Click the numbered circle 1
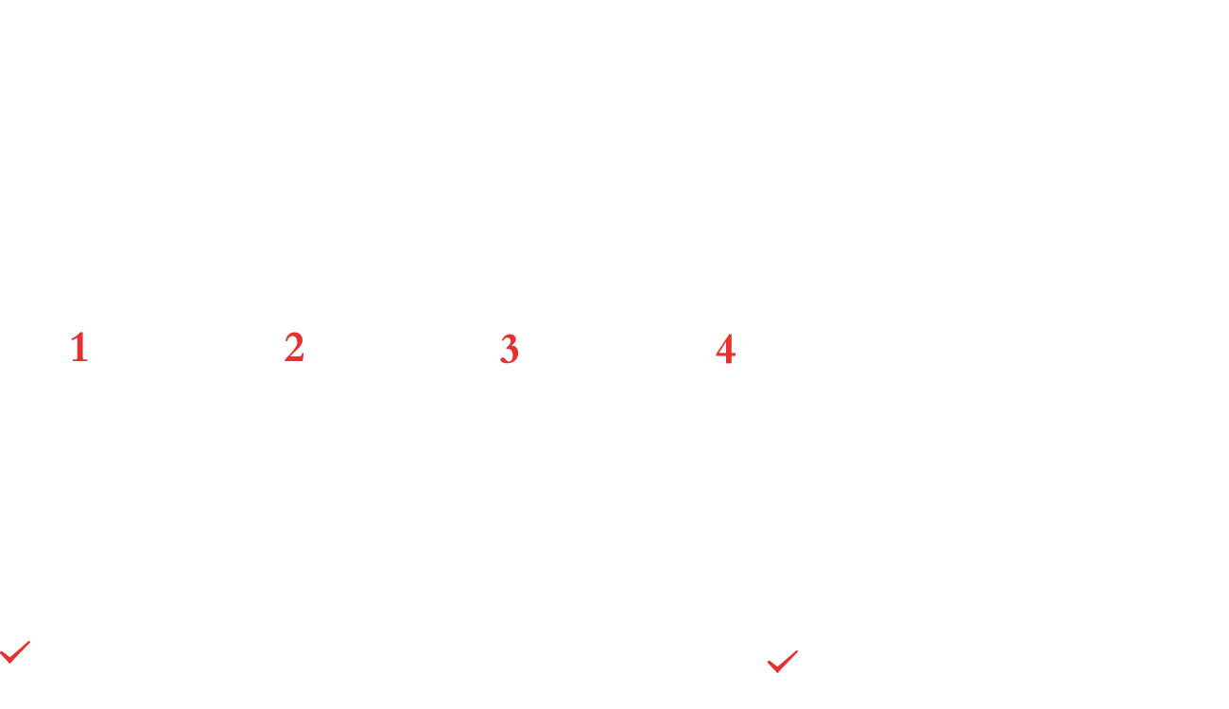(79, 348)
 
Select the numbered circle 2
(295, 348)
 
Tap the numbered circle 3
(510, 349)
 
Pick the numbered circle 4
(725, 349)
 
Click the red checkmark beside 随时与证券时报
(15, 652)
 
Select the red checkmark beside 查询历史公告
(783, 662)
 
